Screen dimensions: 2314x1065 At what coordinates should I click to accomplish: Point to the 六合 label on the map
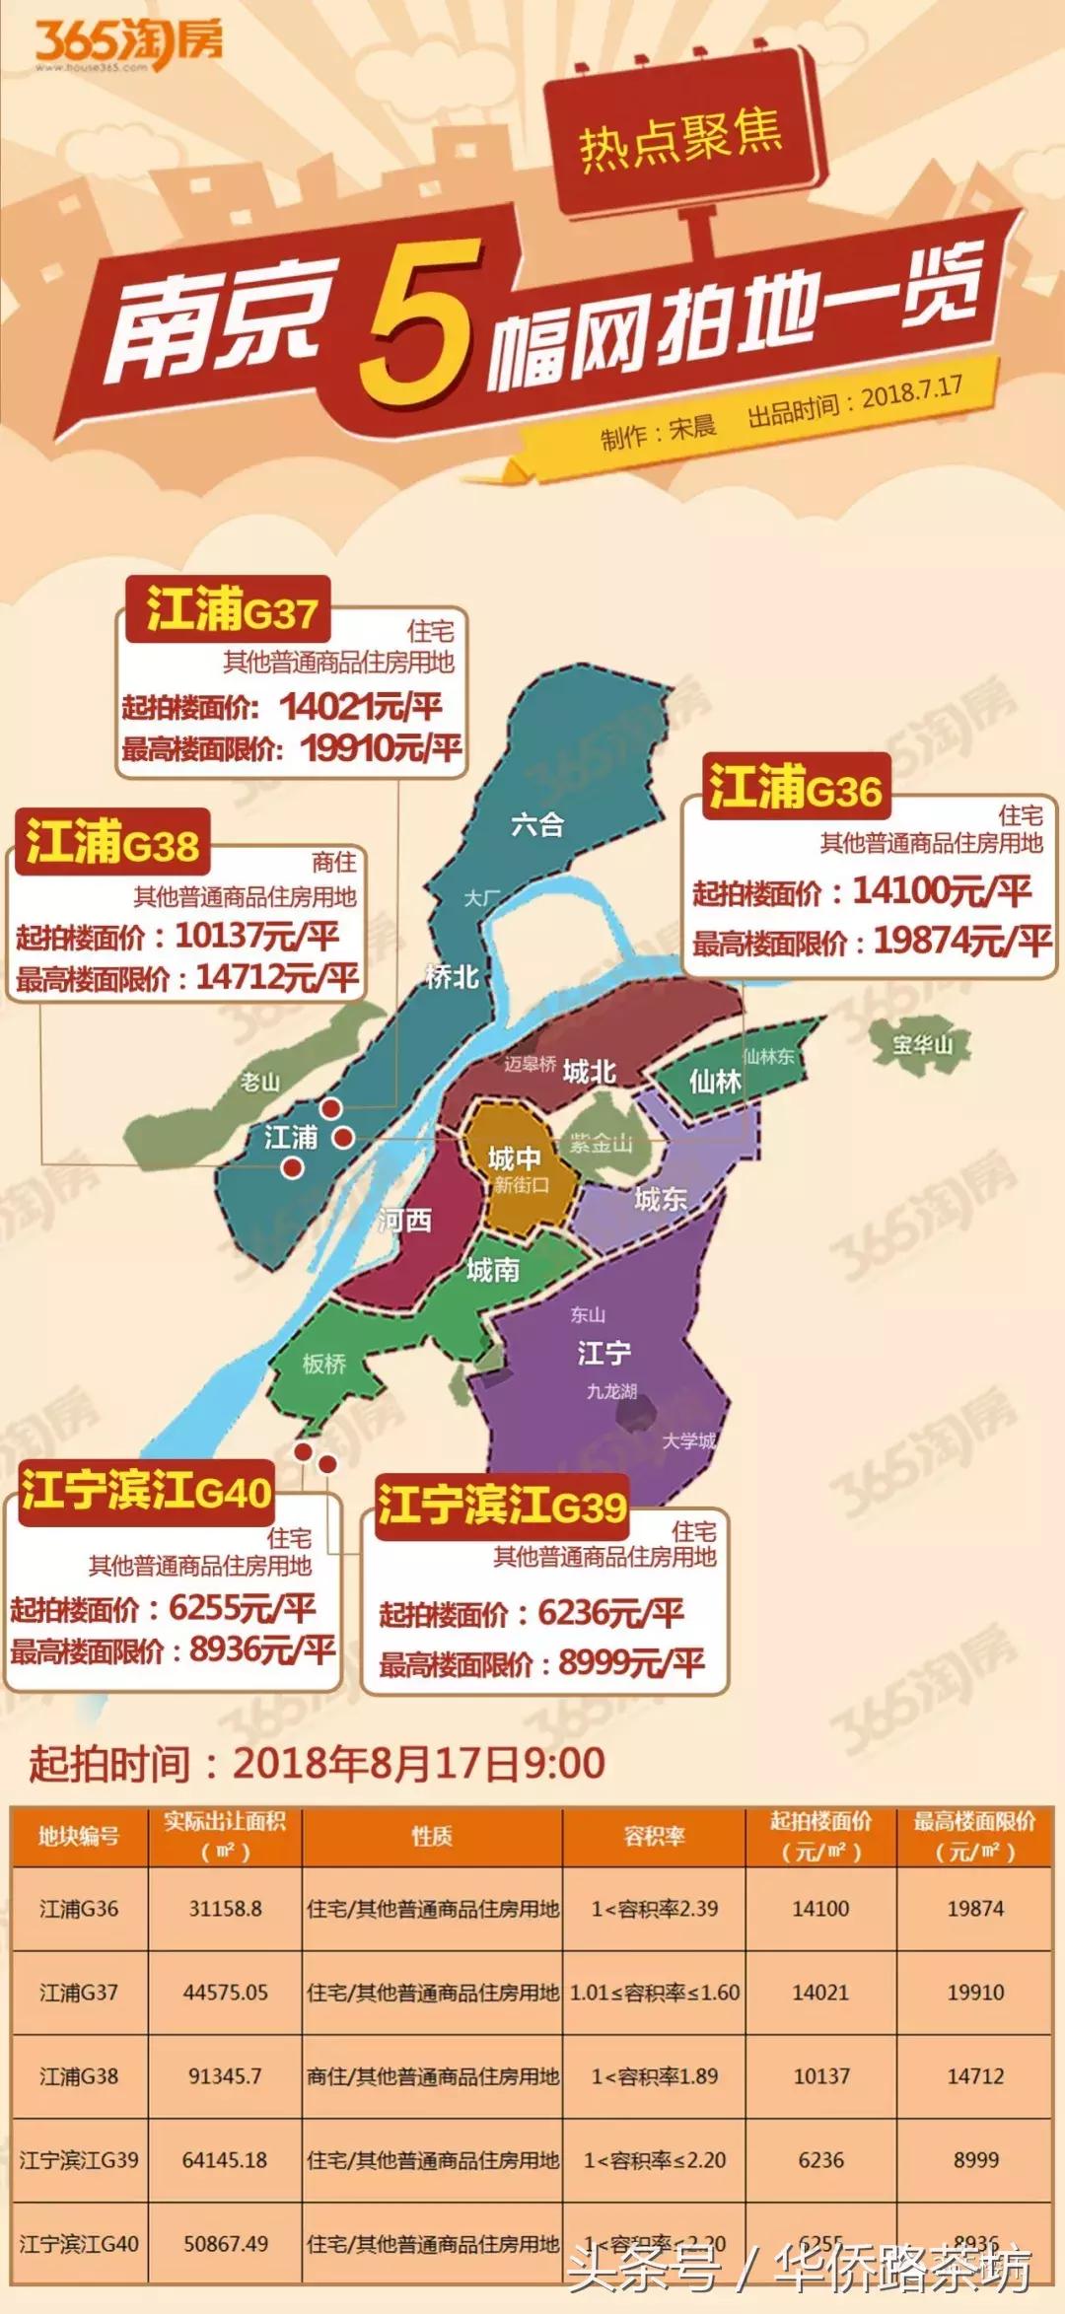point(537,824)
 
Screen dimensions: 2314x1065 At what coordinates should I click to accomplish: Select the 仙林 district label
point(715,1082)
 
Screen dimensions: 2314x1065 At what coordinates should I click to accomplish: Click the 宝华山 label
point(922,1044)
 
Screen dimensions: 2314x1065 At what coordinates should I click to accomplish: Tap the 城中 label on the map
point(514,1157)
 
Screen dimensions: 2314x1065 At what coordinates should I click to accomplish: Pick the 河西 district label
point(405,1221)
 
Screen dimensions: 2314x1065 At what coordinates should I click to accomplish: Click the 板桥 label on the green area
point(323,1365)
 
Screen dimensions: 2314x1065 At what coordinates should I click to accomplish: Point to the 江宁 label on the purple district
point(603,1353)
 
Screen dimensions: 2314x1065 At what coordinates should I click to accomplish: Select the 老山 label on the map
point(260,1083)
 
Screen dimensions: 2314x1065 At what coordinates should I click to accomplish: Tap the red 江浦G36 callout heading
point(795,788)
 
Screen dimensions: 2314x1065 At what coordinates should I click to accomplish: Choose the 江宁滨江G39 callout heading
point(502,1506)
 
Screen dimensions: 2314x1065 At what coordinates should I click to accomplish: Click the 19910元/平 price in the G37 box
point(381,748)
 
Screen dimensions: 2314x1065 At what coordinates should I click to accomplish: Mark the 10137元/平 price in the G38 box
point(256,935)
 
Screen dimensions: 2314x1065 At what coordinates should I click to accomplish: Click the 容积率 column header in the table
point(654,1836)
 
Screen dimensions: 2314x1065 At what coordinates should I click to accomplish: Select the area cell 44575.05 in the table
point(225,1993)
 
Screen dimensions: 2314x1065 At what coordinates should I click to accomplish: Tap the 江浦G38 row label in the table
point(79,2076)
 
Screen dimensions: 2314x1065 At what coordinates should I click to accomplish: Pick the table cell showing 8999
point(975,2160)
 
